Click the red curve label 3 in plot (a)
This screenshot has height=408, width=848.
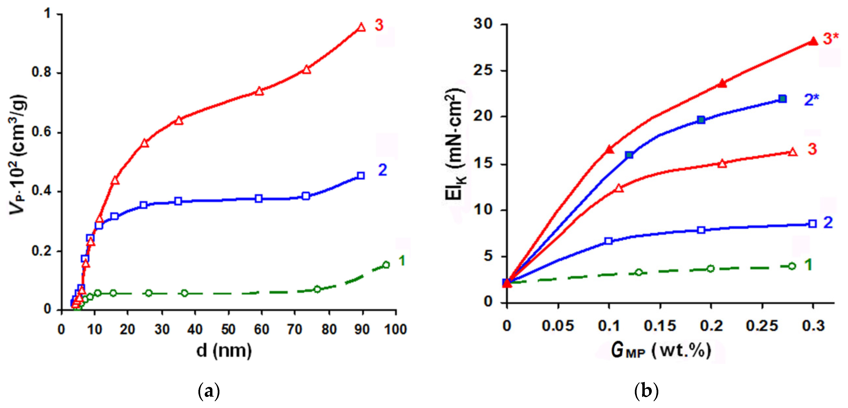click(x=379, y=25)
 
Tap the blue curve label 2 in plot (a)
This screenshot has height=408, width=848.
click(x=382, y=170)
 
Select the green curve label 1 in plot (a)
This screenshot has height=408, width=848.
click(x=402, y=261)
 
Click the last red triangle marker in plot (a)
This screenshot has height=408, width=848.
click(x=361, y=27)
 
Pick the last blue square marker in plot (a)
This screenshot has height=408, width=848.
click(x=361, y=176)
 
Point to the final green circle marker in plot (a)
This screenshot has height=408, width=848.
click(x=386, y=265)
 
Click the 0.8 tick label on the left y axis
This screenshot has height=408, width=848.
click(x=42, y=72)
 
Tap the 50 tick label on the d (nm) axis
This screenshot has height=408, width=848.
click(x=228, y=329)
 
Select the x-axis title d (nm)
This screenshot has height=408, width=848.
click(x=224, y=350)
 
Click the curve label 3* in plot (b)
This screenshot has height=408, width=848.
click(x=830, y=38)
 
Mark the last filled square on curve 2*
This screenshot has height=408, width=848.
click(x=783, y=99)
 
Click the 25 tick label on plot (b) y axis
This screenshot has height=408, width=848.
click(x=483, y=71)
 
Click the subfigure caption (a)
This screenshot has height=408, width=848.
click(x=209, y=391)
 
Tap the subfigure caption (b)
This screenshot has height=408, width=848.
click(x=646, y=391)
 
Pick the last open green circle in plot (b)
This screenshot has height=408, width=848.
click(x=792, y=266)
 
